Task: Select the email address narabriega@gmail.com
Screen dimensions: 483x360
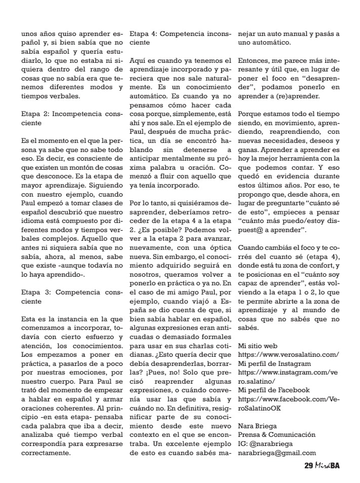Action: click(x=277, y=453)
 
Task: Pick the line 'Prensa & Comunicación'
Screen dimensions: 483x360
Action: click(x=276, y=434)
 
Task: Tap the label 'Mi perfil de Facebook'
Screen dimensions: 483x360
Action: click(x=275, y=390)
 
